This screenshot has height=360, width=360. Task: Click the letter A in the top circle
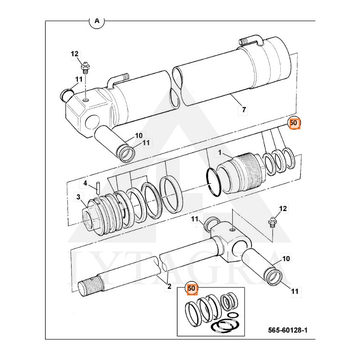point(97,21)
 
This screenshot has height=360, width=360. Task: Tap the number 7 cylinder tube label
point(244,110)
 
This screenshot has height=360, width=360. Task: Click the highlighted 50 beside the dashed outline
point(294,123)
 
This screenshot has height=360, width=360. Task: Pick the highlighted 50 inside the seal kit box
point(192,288)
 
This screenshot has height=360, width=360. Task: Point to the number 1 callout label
point(220,153)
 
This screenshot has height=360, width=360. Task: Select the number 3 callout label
point(78,197)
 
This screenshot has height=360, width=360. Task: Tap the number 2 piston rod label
point(169,286)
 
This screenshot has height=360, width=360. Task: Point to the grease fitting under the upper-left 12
point(85,68)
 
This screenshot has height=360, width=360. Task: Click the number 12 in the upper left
point(74,54)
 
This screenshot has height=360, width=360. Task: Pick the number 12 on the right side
point(283,208)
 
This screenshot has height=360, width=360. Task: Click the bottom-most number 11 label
point(295,292)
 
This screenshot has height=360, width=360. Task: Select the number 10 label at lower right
point(286,259)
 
